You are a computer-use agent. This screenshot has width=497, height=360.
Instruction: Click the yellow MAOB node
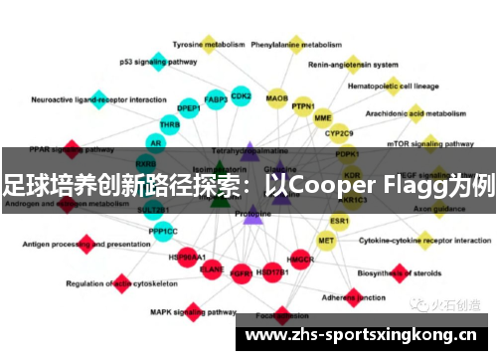point(277,98)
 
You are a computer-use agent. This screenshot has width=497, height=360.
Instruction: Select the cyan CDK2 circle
point(241,96)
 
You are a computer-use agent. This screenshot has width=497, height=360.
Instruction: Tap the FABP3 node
point(215,99)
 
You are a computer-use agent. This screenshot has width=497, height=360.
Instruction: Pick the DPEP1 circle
point(189,107)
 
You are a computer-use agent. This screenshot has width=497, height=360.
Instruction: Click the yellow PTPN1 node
point(303,106)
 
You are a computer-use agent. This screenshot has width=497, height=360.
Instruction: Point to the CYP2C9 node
point(340,132)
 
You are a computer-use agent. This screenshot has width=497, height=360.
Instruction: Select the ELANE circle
point(212,269)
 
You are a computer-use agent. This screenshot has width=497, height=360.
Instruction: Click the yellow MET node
point(326,241)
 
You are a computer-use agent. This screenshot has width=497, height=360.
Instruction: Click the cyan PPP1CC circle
point(163,232)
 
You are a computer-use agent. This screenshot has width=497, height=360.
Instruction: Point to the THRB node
point(170,125)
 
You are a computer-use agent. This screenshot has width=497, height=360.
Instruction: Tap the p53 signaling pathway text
point(158,62)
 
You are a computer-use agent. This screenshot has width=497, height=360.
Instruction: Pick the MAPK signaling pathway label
point(193,311)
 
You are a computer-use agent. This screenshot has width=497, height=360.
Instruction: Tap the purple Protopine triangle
point(252,213)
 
